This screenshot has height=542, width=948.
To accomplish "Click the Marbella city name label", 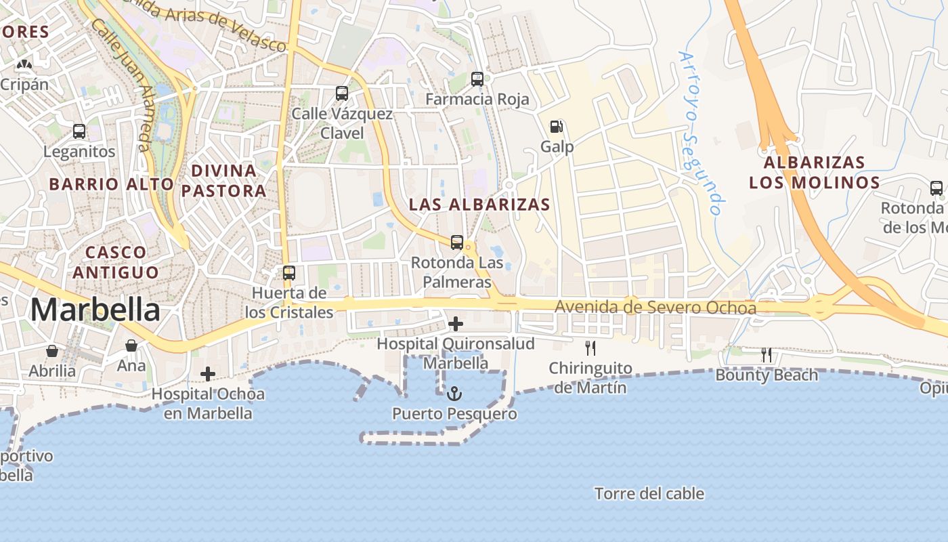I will [x=95, y=310].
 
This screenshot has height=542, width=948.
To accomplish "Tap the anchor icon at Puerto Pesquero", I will [x=455, y=393].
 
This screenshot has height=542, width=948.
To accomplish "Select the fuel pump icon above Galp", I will [x=557, y=126].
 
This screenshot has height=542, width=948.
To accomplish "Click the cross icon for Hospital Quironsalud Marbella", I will [x=456, y=324].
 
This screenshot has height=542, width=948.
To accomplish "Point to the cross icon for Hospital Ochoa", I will [x=208, y=374].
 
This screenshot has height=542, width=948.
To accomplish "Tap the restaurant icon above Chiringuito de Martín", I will [x=590, y=348].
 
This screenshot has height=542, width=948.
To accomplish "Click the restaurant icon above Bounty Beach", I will [x=767, y=354].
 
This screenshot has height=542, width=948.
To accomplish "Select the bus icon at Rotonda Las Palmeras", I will [x=457, y=242].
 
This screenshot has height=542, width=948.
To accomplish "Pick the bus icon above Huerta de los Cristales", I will [x=289, y=273].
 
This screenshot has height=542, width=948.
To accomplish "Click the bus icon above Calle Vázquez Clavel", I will [x=342, y=93].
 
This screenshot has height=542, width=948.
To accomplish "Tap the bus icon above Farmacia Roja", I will [x=477, y=79].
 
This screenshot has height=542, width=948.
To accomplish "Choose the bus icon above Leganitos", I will [x=79, y=131].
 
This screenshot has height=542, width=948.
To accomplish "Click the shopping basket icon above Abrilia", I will [x=52, y=351].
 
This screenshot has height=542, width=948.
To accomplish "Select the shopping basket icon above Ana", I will [x=131, y=346].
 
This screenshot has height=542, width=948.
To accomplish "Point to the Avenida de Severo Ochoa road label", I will [x=655, y=308].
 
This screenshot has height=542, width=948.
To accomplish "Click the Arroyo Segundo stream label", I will [x=702, y=133].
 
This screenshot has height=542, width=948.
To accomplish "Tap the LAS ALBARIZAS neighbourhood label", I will [x=479, y=205].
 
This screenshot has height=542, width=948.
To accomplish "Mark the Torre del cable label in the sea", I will [x=649, y=494].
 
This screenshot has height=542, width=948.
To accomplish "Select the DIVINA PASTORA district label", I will [x=223, y=180].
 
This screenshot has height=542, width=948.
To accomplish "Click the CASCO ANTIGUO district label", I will [x=116, y=262].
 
